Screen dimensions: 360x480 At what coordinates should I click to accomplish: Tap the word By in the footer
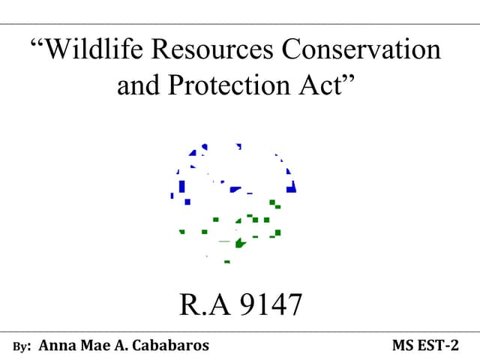click(x=22, y=346)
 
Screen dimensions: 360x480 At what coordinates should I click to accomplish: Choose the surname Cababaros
click(x=170, y=346)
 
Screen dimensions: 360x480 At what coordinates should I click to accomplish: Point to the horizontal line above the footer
click(x=240, y=331)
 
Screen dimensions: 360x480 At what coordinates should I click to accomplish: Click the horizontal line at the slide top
click(x=240, y=24)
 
